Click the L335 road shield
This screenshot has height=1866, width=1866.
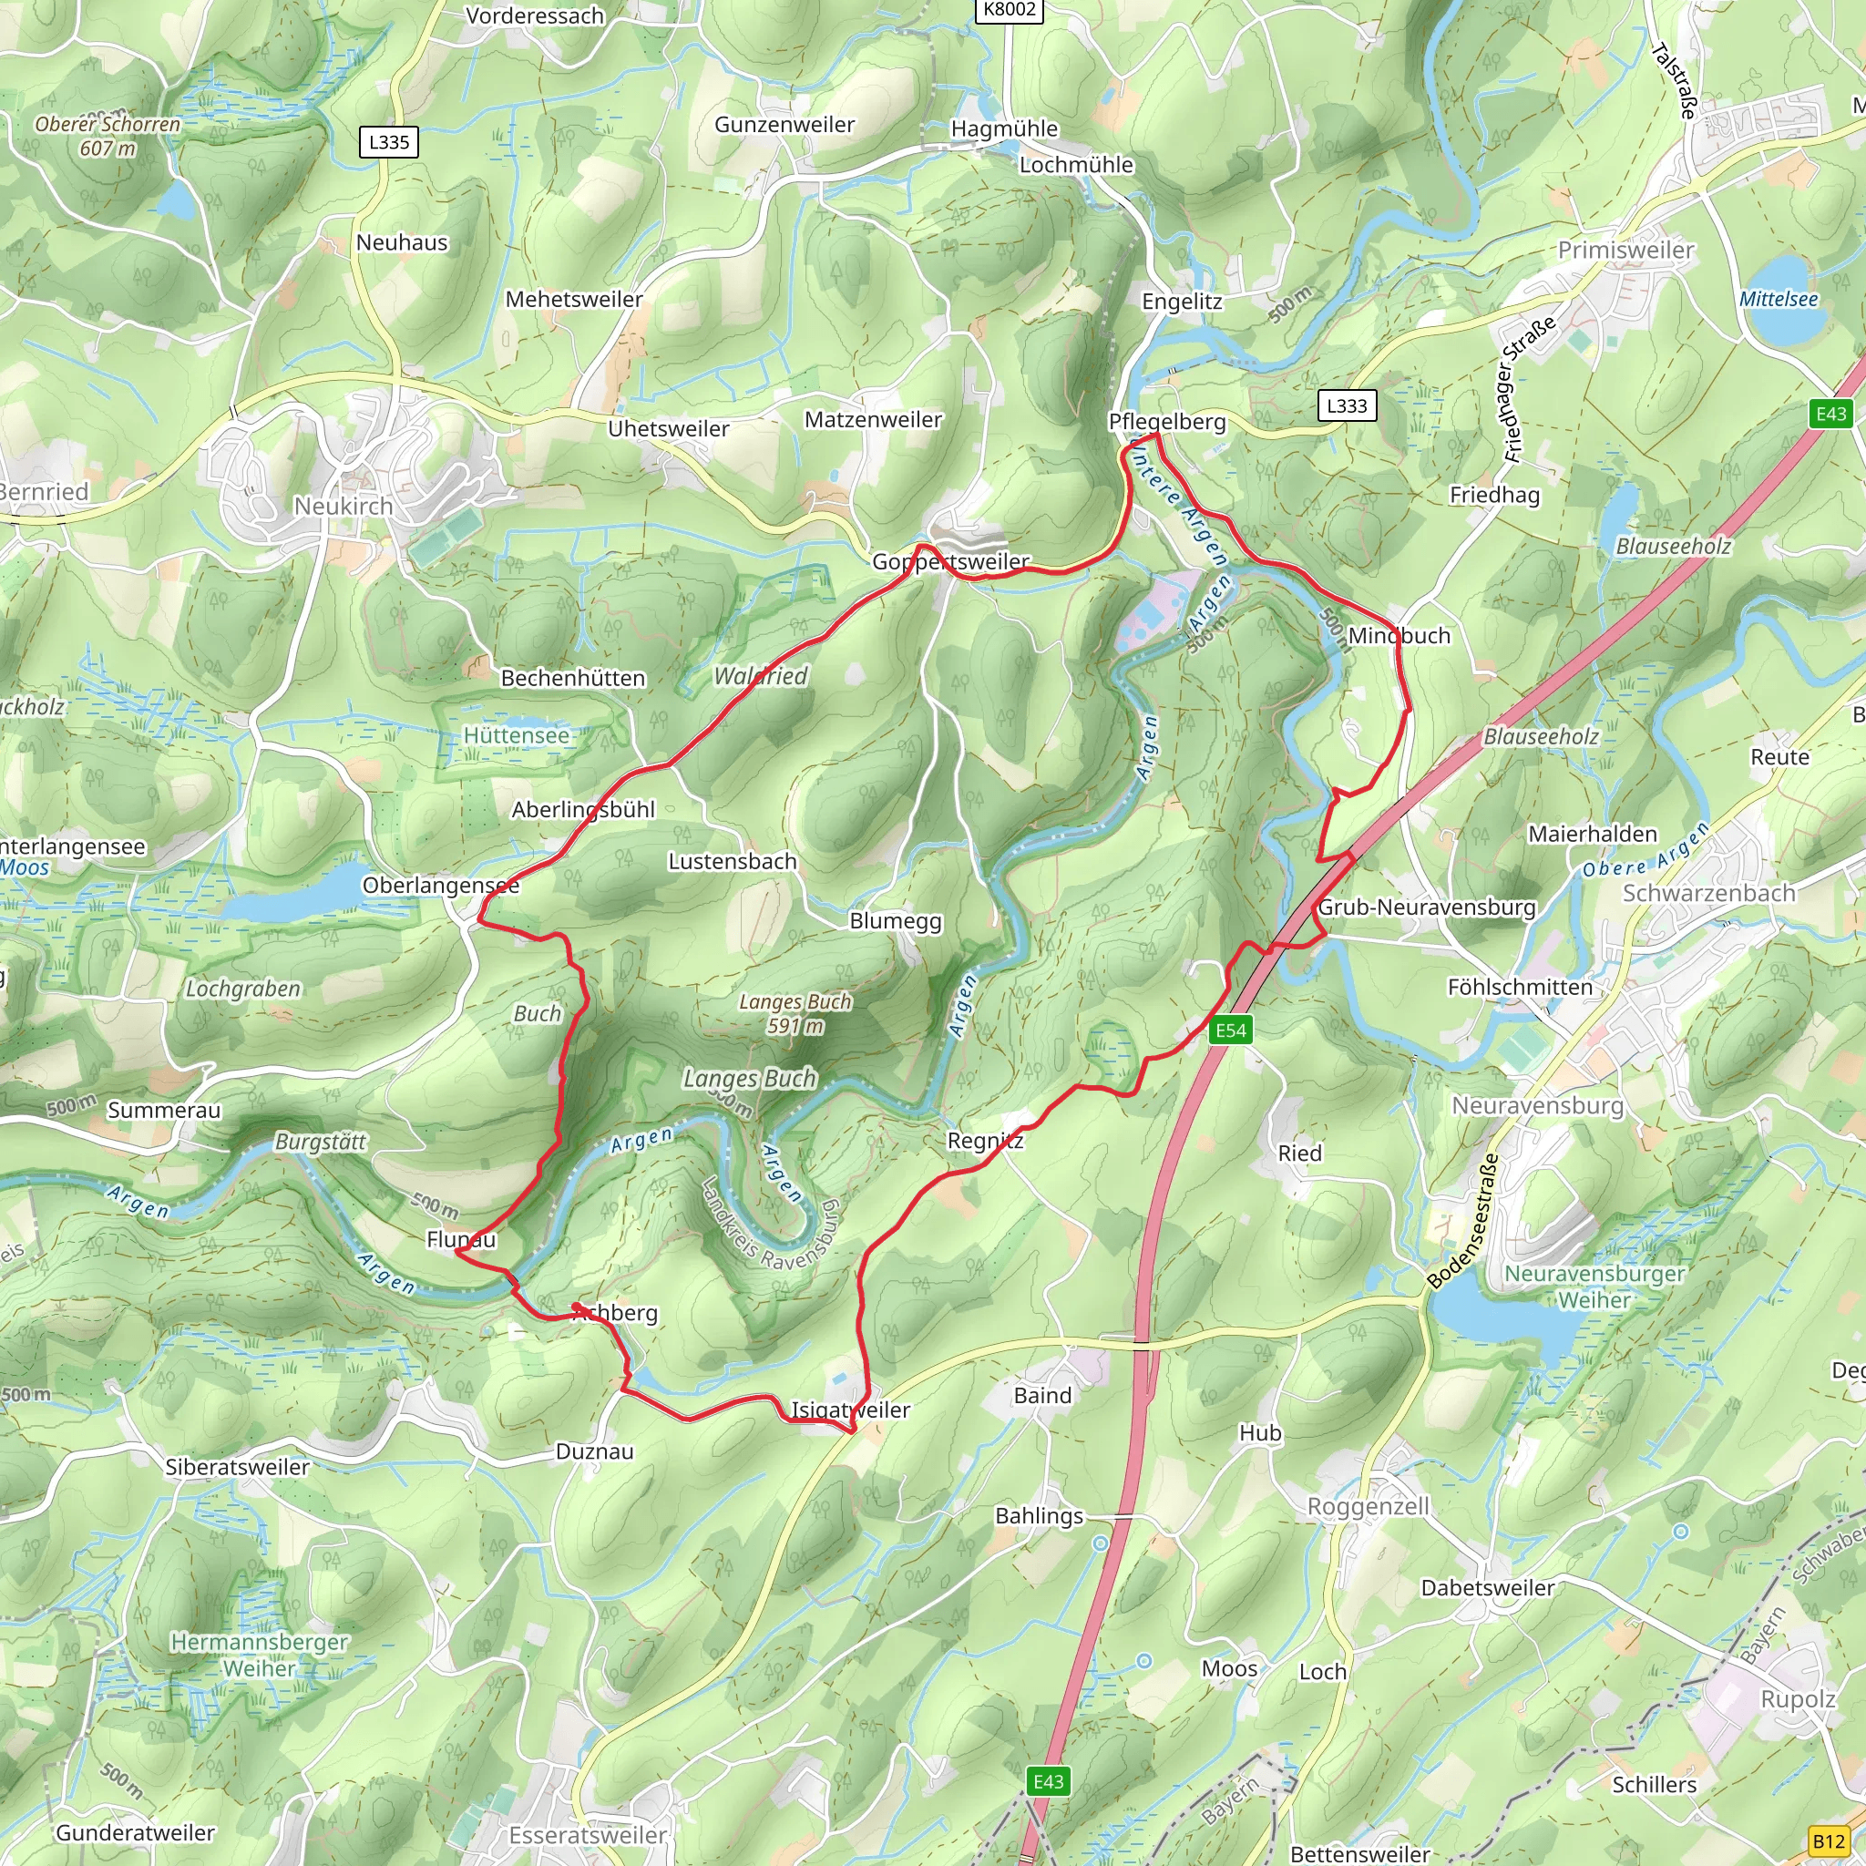[x=389, y=142]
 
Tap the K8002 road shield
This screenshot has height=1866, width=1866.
[x=1010, y=10]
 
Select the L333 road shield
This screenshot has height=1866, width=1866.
[x=1347, y=405]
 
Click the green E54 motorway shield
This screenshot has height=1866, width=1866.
[x=1230, y=1030]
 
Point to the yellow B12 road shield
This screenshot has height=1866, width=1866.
[x=1829, y=1840]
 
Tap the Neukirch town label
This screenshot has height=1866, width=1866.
[x=343, y=506]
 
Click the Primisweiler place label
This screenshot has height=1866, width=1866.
[x=1625, y=251]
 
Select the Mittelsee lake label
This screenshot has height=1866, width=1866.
[x=1779, y=300]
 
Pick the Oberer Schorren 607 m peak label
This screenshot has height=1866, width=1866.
[x=108, y=136]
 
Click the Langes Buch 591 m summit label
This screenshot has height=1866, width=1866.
[x=795, y=1014]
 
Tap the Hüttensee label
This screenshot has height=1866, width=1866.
[x=517, y=736]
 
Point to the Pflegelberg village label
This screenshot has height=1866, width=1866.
[x=1167, y=422]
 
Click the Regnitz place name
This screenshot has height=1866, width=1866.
[x=985, y=1141]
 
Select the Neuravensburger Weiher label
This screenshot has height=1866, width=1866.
[x=1594, y=1287]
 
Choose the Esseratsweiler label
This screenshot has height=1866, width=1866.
[x=588, y=1835]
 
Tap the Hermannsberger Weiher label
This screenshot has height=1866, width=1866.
[x=259, y=1655]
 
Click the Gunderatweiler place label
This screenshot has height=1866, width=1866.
[x=135, y=1832]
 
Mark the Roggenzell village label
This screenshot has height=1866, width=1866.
[x=1368, y=1507]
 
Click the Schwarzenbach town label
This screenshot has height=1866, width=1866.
[x=1708, y=894]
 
